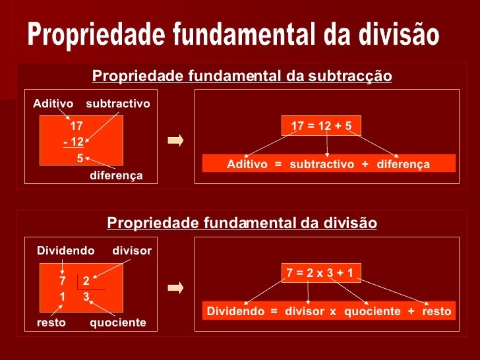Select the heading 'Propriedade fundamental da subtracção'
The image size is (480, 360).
coord(242,76)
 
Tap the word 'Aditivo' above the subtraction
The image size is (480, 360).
coord(53,104)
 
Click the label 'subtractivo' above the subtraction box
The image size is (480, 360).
coord(118,104)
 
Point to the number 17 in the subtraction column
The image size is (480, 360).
coord(76,126)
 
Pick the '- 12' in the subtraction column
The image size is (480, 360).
coord(73,142)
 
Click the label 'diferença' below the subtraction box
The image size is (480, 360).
coord(116,175)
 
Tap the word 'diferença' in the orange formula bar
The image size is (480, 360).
coord(403,164)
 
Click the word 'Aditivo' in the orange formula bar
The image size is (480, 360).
coord(247,164)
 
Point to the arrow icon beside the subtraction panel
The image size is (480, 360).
coord(175,140)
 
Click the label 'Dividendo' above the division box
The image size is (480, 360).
coord(65,251)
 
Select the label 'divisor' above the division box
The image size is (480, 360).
coord(132,251)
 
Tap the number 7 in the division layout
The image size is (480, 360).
coord(63,282)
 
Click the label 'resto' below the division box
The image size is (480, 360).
coord(51,322)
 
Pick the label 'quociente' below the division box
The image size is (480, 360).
coord(117,322)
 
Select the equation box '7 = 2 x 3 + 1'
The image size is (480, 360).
coord(320,273)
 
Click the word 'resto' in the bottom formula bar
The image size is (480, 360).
coord(436,311)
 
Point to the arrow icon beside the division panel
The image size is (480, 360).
coord(175,288)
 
